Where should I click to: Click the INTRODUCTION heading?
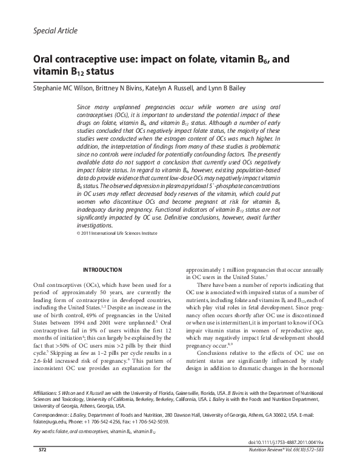pyautogui.click(x=102, y=270)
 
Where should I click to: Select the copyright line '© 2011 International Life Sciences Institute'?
pyautogui.click(x=117, y=233)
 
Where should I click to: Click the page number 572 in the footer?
pyautogui.click(x=42, y=467)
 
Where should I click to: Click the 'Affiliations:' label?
pyautogui.click(x=48, y=394)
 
